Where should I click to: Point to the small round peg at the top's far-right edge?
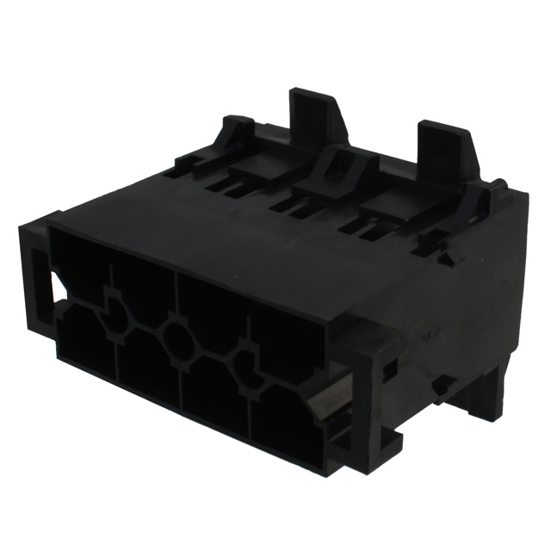(498, 183)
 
